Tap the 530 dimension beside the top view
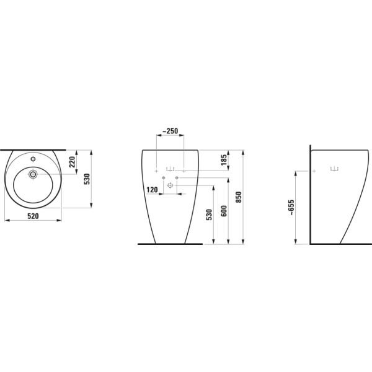coord(88,179)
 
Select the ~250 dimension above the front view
coord(170,131)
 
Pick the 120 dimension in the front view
coord(151,190)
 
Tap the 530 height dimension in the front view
coord(210,215)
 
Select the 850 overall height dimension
coord(239,197)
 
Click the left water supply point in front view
coord(163,179)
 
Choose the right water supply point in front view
coord(177,179)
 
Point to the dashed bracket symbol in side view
coord(335,167)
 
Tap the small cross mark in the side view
coord(314,170)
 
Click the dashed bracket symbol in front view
coord(170,168)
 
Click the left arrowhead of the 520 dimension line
coord(6,219)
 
